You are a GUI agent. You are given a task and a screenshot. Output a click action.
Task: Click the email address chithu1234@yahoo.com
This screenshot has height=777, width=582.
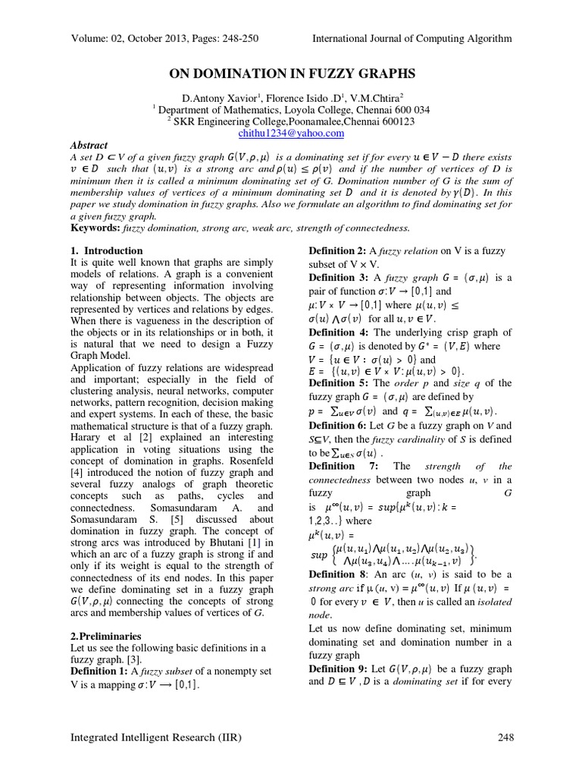[x=291, y=133]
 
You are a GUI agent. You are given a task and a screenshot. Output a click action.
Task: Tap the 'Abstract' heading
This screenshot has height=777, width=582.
[x=89, y=145]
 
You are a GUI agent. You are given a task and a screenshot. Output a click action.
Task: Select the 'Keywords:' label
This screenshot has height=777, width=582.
[x=97, y=227]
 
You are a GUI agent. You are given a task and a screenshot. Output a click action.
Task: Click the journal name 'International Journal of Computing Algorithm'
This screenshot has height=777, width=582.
[x=412, y=39]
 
